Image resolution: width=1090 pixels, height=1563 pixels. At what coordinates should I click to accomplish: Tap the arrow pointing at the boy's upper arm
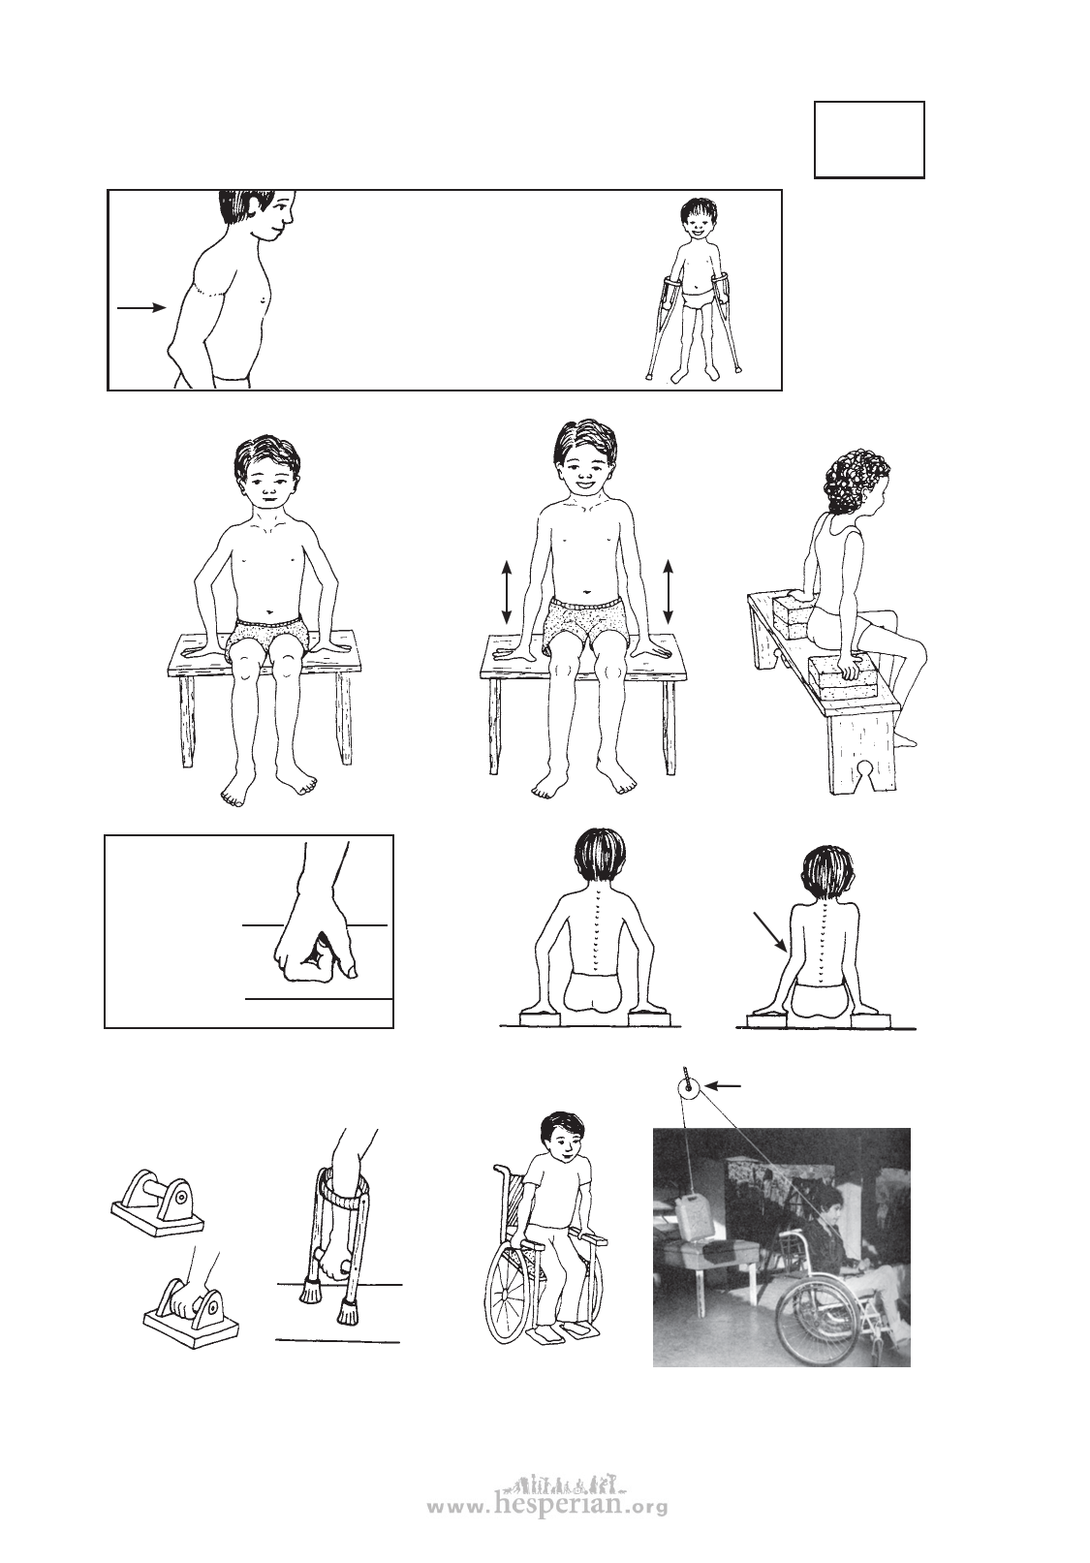[141, 307]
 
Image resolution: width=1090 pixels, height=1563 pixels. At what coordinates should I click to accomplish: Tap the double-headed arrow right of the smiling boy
[669, 591]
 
